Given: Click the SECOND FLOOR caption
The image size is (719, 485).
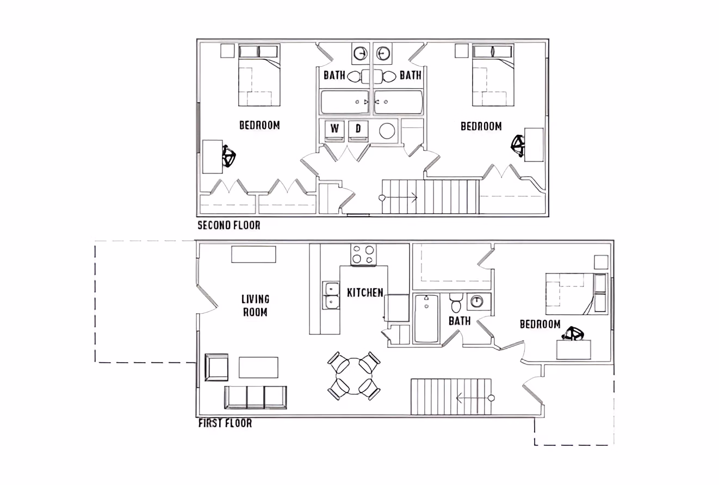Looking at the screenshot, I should point(228,225).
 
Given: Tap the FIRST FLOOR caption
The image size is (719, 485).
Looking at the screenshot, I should point(225,423).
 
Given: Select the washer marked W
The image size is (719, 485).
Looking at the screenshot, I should point(334,130).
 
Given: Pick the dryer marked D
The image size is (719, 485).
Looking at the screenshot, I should point(358,130).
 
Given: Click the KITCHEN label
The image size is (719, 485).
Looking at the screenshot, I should point(365,293).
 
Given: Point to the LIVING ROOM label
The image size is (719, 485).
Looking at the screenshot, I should point(255,306).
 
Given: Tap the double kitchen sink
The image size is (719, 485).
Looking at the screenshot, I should point(330,295).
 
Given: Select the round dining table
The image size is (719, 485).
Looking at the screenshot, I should point(354,376).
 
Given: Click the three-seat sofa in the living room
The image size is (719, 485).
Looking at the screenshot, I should point(256,397).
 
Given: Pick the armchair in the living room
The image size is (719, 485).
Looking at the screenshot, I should point(216,367).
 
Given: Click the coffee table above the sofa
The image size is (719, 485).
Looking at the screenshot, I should point(258,367).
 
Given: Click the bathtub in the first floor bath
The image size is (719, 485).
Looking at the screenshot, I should point(426,319).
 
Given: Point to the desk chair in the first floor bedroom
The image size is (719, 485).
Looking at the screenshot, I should point(573,333).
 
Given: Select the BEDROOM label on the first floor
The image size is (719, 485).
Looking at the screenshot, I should point(540,325).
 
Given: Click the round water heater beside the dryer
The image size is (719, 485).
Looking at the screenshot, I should point(387,131).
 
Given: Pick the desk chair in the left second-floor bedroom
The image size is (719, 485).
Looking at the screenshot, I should point(229,158).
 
